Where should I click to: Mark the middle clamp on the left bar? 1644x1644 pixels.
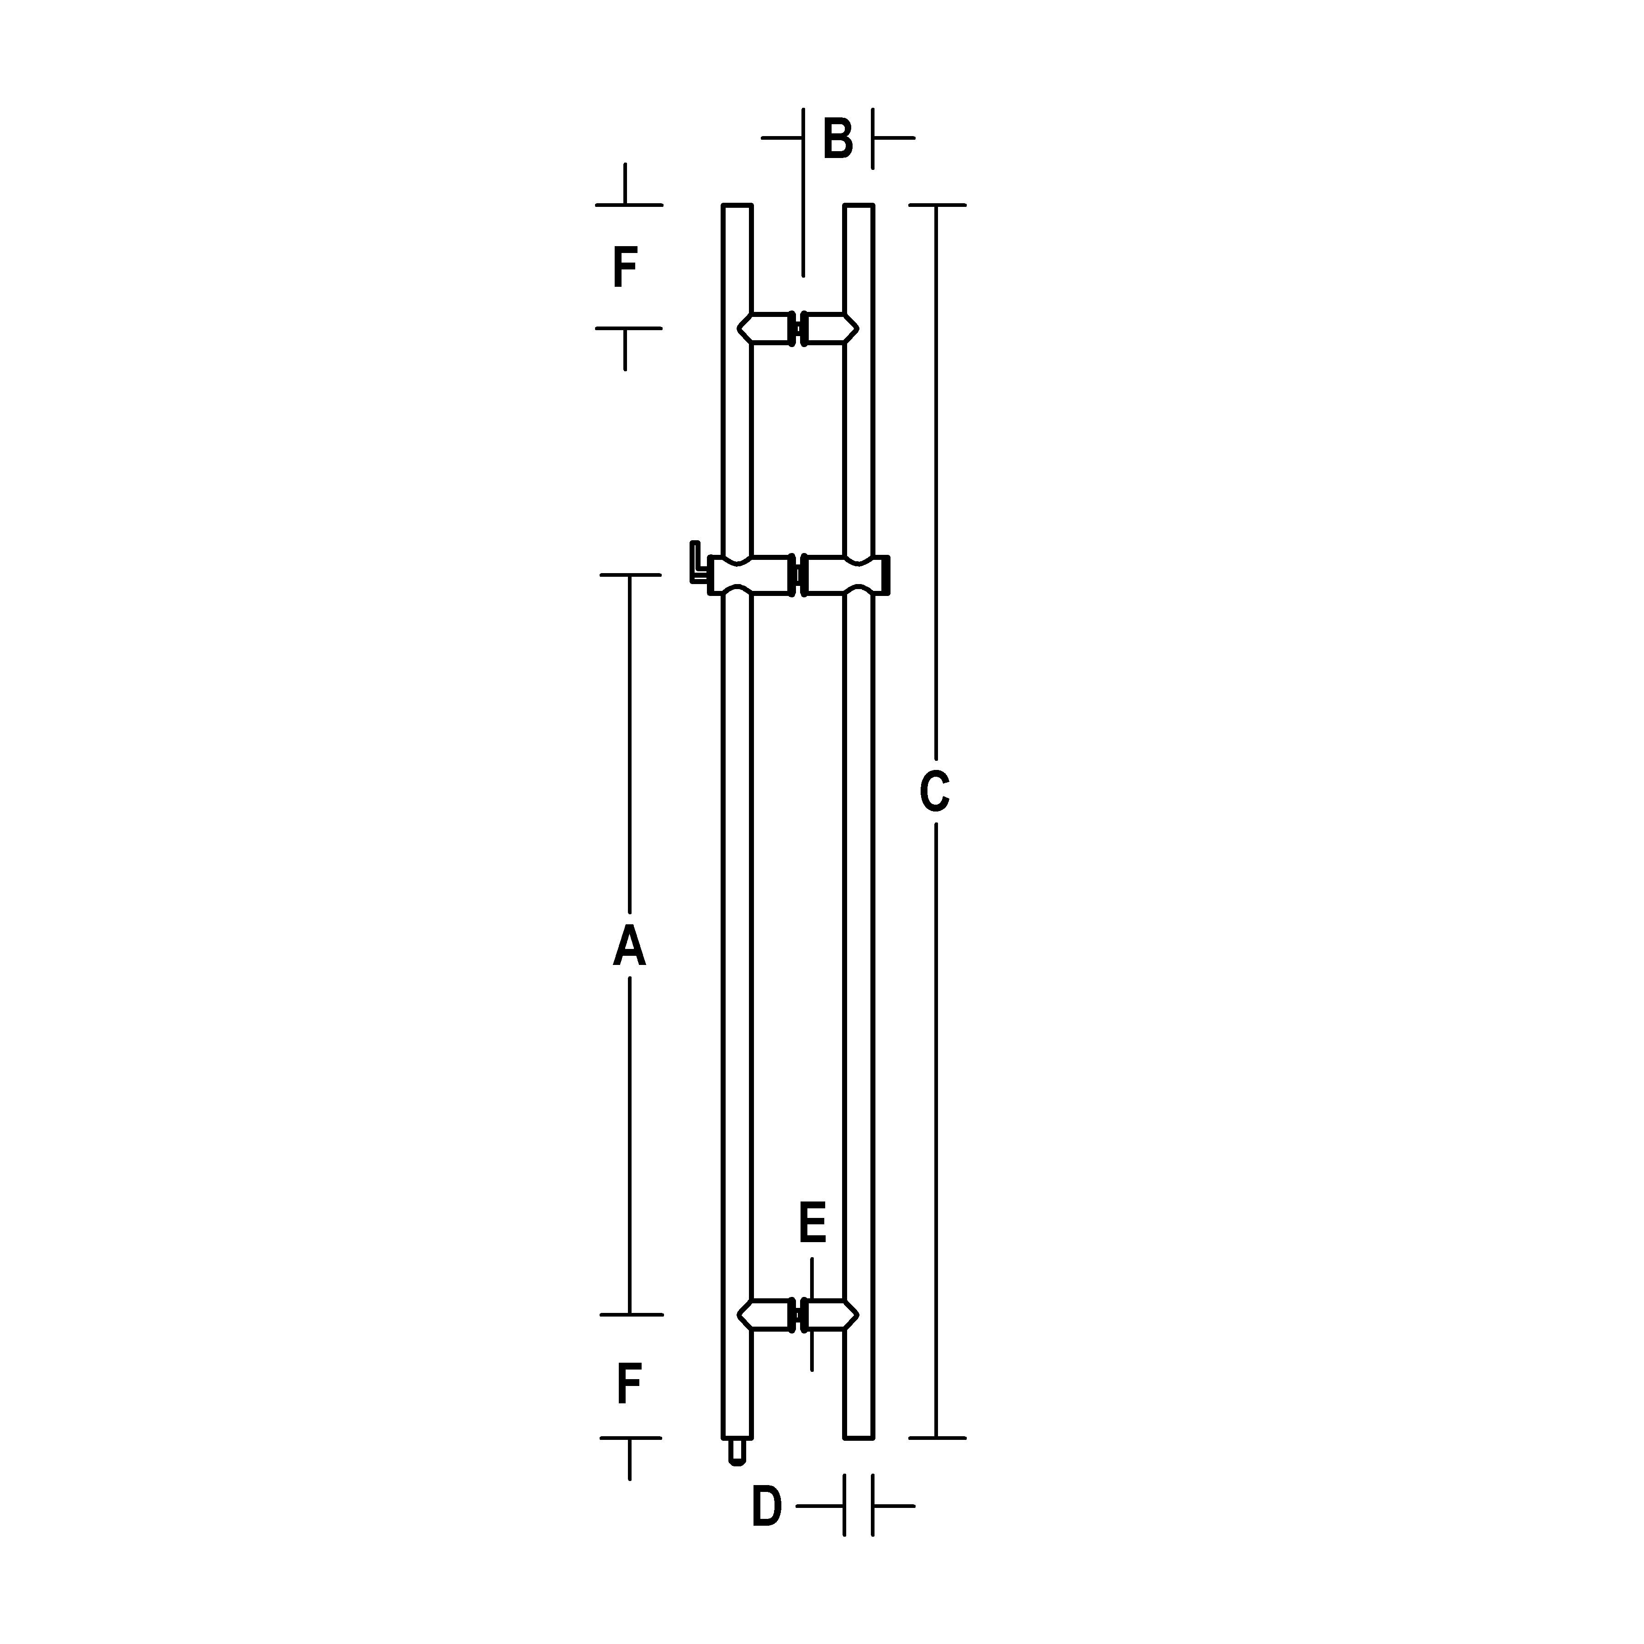tap(750, 575)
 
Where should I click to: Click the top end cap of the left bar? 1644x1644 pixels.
tap(737, 207)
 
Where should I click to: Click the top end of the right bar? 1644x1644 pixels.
tap(859, 207)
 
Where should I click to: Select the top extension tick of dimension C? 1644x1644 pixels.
tap(937, 205)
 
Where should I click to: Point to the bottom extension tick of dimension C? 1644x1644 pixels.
tap(937, 1438)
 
